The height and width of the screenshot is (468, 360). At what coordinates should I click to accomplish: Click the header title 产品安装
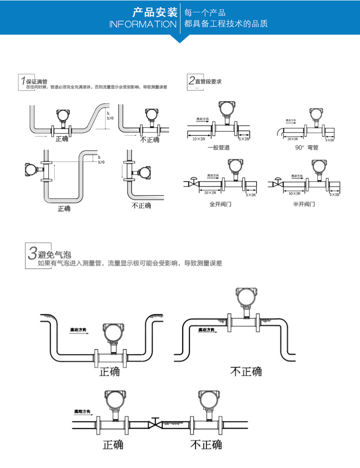[154, 12]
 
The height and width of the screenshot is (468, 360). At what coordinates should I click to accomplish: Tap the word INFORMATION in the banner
[143, 24]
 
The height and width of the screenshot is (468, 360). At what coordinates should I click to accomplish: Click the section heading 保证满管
[37, 81]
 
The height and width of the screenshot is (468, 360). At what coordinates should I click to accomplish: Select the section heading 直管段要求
[208, 81]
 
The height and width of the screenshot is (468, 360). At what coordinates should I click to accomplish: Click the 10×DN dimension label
[199, 138]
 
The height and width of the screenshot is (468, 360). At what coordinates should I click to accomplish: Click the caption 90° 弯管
[306, 147]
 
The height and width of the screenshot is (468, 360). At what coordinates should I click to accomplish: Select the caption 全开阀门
[220, 204]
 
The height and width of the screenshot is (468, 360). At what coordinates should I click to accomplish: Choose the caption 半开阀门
[303, 204]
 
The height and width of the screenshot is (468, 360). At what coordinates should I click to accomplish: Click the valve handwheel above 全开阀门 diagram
[194, 178]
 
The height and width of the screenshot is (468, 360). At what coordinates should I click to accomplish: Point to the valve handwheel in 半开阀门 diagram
[277, 178]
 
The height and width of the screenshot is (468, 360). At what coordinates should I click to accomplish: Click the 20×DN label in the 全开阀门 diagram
[210, 193]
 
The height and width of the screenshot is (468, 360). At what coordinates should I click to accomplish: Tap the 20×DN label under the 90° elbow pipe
[292, 138]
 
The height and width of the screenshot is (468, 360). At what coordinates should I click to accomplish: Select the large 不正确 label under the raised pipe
[246, 371]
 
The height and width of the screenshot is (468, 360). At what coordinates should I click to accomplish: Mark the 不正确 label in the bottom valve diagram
[206, 444]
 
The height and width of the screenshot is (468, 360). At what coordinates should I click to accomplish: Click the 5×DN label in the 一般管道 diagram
[244, 138]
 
